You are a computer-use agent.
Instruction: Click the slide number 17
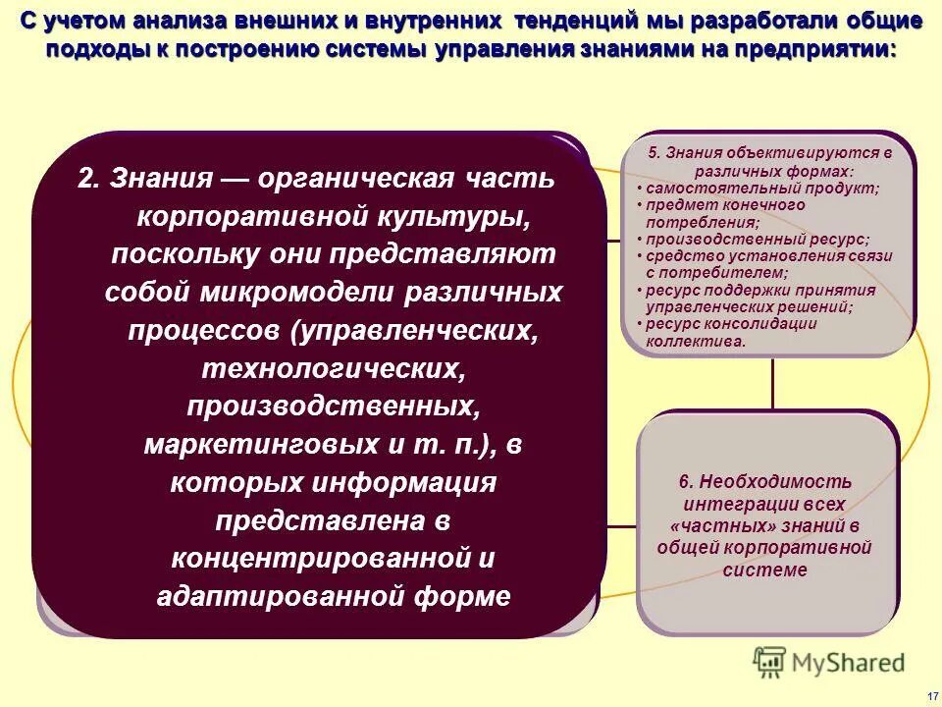[x=932, y=694]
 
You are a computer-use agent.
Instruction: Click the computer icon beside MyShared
[x=770, y=662]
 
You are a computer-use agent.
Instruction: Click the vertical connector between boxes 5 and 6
[x=772, y=383]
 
